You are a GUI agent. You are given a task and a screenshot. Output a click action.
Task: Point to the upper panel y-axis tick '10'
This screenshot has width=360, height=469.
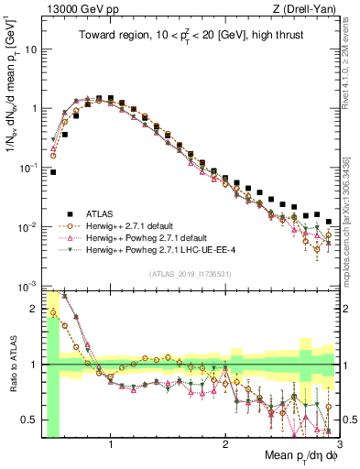pyautogui.click(x=29, y=49)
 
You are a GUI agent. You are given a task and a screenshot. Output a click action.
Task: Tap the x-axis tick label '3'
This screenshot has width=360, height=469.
pyautogui.click(x=339, y=446)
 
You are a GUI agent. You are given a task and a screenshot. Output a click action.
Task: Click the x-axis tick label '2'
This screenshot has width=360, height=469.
pyautogui.click(x=224, y=446)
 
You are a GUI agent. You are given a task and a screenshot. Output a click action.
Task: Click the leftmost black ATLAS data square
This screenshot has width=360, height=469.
pyautogui.click(x=53, y=171)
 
